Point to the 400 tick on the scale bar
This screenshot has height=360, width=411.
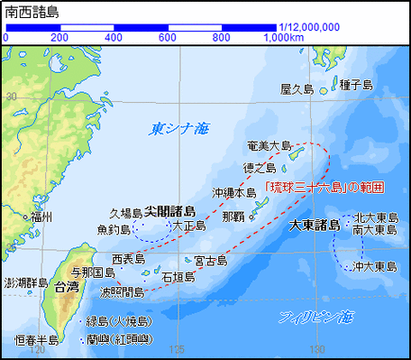tap(114, 38)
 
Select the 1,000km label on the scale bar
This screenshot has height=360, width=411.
tap(283, 38)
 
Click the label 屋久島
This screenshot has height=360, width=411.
tap(297, 89)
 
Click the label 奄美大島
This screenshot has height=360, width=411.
tap(269, 145)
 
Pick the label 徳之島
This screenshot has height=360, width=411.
tap(259, 168)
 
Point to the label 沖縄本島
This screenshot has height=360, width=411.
tap(234, 192)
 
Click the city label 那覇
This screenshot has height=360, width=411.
tap(233, 217)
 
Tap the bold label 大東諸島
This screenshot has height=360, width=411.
tap(315, 224)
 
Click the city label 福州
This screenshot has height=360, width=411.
tap(41, 217)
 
